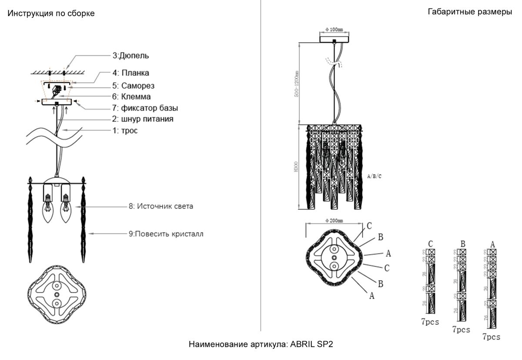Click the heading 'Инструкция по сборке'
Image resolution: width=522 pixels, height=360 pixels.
51,13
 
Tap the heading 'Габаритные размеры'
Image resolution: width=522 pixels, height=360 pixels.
470,12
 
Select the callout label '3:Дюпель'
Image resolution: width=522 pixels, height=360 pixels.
131,56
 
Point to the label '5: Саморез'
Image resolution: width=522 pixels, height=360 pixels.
134,85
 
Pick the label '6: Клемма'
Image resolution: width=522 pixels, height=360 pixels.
132,97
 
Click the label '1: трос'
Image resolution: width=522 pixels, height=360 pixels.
125,130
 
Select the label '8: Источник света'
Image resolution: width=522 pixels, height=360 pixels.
161,206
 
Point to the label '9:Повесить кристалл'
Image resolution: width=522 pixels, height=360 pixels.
166,234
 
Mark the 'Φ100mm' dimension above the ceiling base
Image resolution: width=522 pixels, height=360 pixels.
334,29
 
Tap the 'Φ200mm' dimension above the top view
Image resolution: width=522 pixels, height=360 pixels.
334,221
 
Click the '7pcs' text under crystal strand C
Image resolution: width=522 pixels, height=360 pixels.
430,322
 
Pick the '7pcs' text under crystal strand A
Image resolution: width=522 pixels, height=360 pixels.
491,337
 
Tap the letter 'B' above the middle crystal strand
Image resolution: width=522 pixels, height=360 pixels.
463,244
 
